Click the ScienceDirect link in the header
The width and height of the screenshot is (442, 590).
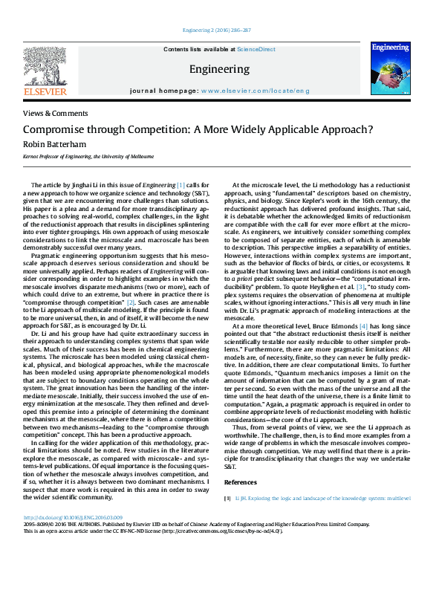click(256, 49)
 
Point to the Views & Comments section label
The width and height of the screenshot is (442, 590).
click(56, 114)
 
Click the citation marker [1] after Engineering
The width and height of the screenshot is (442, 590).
click(181, 184)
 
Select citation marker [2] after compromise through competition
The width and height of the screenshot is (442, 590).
click(131, 282)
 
